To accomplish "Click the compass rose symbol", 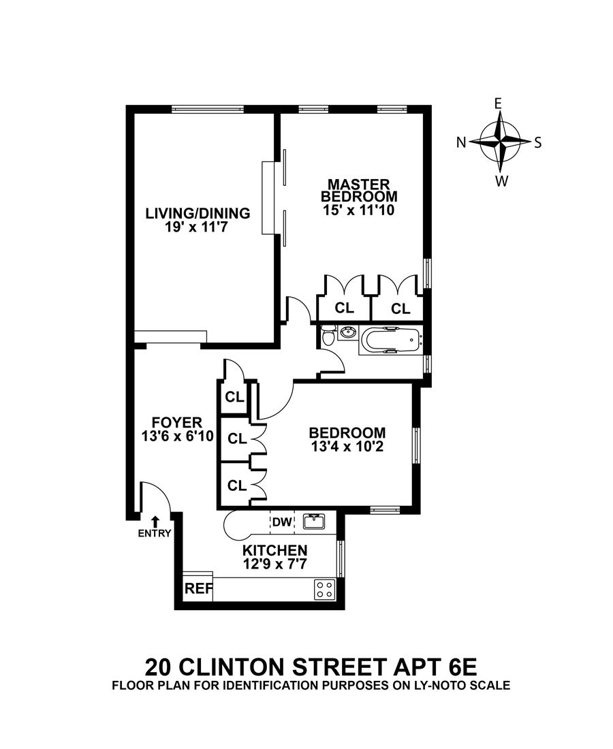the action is pyautogui.click(x=500, y=142).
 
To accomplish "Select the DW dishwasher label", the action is pyautogui.click(x=282, y=522).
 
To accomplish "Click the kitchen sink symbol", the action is pyautogui.click(x=314, y=522).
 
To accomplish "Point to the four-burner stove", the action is pyautogui.click(x=324, y=589).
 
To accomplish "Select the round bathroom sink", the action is pyautogui.click(x=349, y=333).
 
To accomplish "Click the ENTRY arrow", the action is pyautogui.click(x=155, y=522).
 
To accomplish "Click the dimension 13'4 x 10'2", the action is pyautogui.click(x=347, y=447).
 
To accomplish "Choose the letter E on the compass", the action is pyautogui.click(x=498, y=103).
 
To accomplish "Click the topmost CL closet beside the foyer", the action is pyautogui.click(x=234, y=397).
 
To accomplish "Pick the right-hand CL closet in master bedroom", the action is pyautogui.click(x=400, y=308).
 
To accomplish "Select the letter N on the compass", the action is pyautogui.click(x=461, y=142).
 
